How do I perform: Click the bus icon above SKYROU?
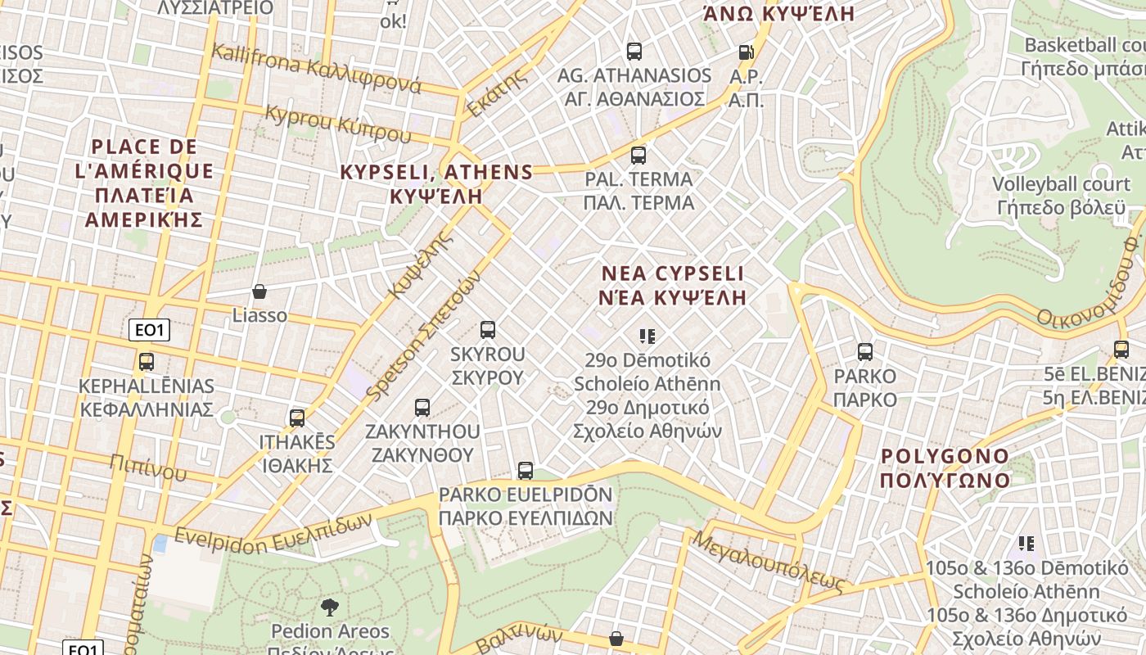pos(488,330)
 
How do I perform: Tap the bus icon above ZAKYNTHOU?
pos(422,407)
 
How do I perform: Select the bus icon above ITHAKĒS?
pos(297,418)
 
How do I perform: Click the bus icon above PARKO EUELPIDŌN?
pos(526,471)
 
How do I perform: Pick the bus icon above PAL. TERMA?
pos(638,155)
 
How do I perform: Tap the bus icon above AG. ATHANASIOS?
pos(634,52)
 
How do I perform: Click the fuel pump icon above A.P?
pos(746,52)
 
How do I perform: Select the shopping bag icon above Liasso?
pos(259,291)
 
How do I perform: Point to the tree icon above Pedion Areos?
pos(330,607)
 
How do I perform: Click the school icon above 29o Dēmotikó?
pos(647,336)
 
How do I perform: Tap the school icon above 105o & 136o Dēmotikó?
pos(1026,544)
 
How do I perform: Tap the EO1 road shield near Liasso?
pos(149,330)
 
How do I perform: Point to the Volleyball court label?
pos(1061,183)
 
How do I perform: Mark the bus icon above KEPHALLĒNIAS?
pos(147,361)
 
